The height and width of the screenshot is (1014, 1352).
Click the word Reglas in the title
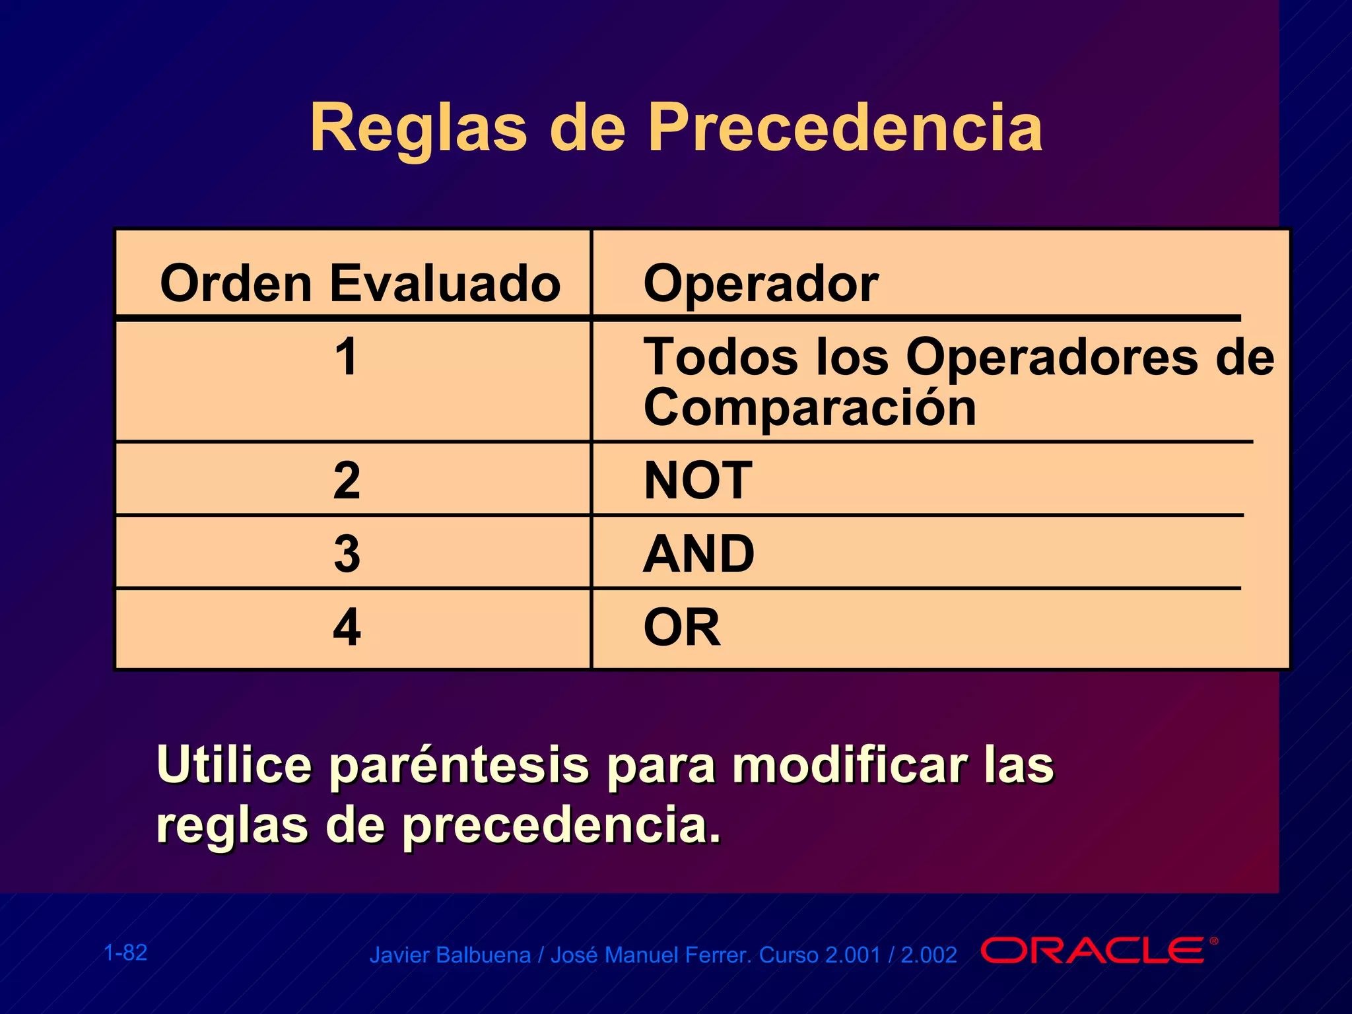tap(419, 129)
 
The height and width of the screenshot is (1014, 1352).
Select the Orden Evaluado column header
tap(360, 283)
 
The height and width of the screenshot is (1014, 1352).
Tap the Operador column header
tap(760, 283)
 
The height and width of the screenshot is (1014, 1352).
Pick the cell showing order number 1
tap(347, 357)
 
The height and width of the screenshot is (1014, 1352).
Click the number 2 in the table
tap(347, 480)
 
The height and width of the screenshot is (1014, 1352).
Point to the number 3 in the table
tap(347, 553)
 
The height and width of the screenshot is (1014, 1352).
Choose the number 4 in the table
tap(347, 627)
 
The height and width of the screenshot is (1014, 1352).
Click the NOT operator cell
tap(698, 480)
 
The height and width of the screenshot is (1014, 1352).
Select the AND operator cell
tap(698, 553)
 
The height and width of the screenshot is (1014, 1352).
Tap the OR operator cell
tap(682, 627)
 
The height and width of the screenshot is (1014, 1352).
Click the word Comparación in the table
tap(809, 408)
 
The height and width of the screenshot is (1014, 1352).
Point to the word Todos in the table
tap(720, 357)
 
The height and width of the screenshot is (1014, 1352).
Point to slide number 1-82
tap(125, 953)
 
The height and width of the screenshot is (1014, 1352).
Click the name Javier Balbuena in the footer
tap(450, 955)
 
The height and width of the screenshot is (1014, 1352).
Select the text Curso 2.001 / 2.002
tap(858, 955)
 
